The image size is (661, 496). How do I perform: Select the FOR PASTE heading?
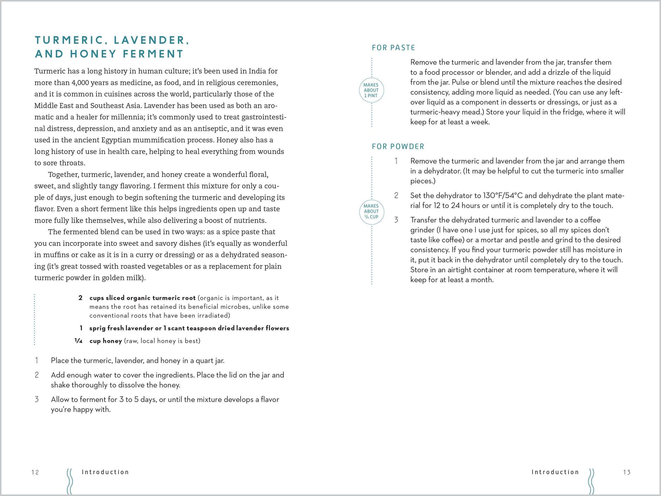(393, 48)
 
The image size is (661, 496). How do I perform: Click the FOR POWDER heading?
(398, 147)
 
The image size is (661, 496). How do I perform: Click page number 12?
(35, 472)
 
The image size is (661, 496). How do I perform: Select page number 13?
(627, 472)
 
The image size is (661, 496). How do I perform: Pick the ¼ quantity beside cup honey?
(78, 341)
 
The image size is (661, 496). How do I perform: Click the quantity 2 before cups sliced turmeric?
(80, 298)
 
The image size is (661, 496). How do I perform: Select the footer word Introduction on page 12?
(105, 472)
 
